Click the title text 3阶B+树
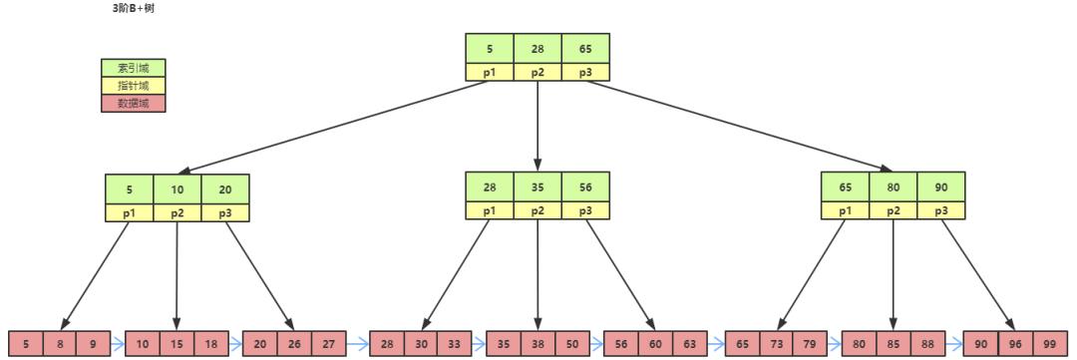[x=134, y=8]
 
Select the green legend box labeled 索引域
[x=134, y=68]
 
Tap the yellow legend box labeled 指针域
[x=134, y=86]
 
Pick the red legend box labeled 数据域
[x=134, y=103]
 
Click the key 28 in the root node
[x=537, y=48]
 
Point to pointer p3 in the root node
[x=584, y=72]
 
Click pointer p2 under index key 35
[x=537, y=210]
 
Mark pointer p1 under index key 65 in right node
[x=845, y=210]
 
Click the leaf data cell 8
[x=60, y=343]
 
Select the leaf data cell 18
[x=210, y=343]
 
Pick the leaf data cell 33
[x=454, y=343]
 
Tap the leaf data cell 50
[x=571, y=343]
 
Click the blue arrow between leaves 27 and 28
[x=358, y=343]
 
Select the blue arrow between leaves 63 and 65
[x=715, y=343]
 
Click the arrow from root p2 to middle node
[x=537, y=125]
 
